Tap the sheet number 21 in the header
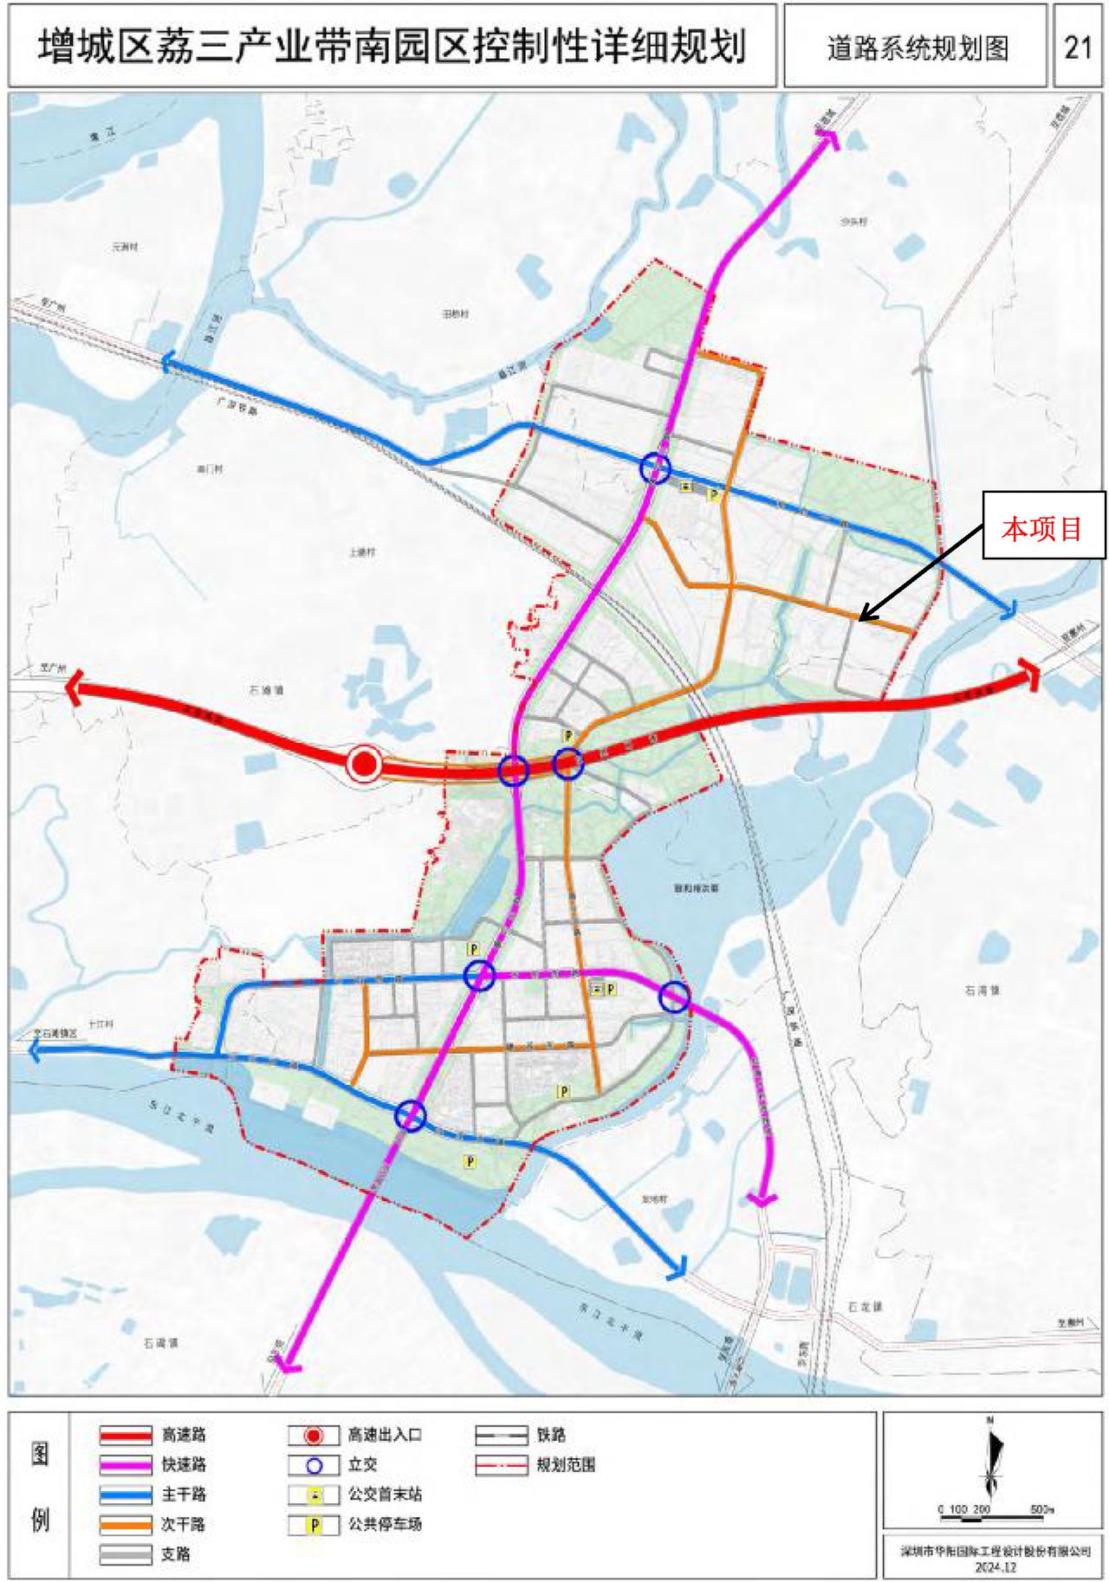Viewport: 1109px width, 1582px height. (1077, 47)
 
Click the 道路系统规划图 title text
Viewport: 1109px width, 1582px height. (917, 48)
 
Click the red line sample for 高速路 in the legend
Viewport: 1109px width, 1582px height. (126, 1436)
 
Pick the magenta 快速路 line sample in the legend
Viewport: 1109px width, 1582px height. (126, 1465)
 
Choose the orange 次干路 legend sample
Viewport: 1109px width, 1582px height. (126, 1524)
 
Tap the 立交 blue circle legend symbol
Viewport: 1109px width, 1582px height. (314, 1465)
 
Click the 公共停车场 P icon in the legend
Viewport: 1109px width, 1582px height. (314, 1525)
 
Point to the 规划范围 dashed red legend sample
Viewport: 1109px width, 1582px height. (501, 1465)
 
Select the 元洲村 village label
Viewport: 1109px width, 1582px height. (125, 247)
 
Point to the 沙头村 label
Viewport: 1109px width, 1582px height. (853, 222)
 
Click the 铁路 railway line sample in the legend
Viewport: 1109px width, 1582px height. (501, 1436)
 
